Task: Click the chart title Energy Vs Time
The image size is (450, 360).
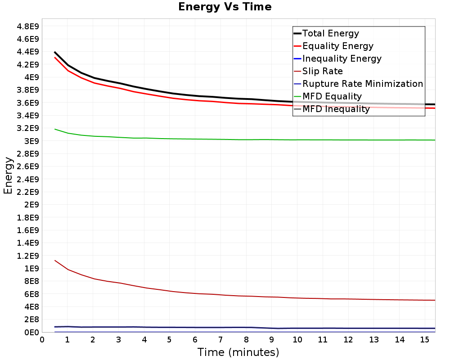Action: [x=225, y=7]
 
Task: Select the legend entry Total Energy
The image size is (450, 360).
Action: [x=331, y=33]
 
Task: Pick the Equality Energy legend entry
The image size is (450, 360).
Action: [x=338, y=46]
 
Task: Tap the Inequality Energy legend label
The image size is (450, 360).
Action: [x=342, y=58]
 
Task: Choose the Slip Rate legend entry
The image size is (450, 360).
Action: [x=323, y=71]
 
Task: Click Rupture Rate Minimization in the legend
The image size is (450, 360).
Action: [x=363, y=84]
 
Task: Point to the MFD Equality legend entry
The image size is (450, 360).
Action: [x=332, y=96]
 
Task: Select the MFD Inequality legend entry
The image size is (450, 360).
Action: [x=336, y=109]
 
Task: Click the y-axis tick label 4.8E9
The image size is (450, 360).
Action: [x=28, y=27]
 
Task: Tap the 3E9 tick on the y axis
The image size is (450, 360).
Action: [x=31, y=141]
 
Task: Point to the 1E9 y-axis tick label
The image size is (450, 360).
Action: [x=31, y=268]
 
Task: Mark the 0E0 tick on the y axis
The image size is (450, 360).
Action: [x=31, y=332]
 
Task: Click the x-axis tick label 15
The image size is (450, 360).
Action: [x=425, y=340]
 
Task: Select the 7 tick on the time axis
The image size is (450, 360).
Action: [x=220, y=340]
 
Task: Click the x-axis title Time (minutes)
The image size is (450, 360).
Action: [x=238, y=352]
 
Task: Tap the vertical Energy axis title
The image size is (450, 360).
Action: [x=8, y=175]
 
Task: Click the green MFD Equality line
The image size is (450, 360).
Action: [x=245, y=139]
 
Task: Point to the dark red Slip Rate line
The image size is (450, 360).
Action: [x=245, y=296]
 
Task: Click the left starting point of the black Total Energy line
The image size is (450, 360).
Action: [x=54, y=52]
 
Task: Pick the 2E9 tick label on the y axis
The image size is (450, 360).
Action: [x=31, y=205]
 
